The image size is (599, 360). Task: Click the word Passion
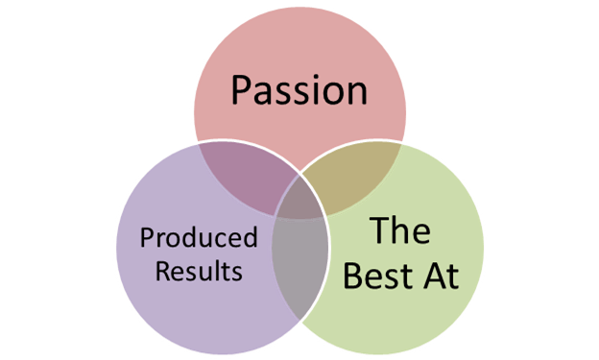pyautogui.click(x=299, y=90)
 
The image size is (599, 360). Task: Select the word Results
pyautogui.click(x=199, y=270)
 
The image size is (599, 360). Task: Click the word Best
pyautogui.click(x=378, y=276)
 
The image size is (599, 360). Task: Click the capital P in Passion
pyautogui.click(x=241, y=90)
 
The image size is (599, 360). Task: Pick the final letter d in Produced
pyautogui.click(x=252, y=237)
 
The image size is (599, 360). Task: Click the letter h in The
pyautogui.click(x=400, y=232)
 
